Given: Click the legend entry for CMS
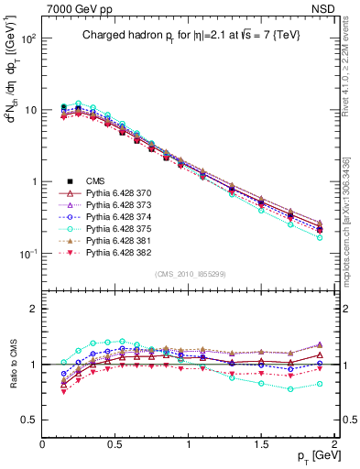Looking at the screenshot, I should coord(96,180).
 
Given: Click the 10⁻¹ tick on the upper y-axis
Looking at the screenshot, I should coord(27,253).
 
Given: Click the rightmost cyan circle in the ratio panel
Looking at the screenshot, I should coord(320,384).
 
